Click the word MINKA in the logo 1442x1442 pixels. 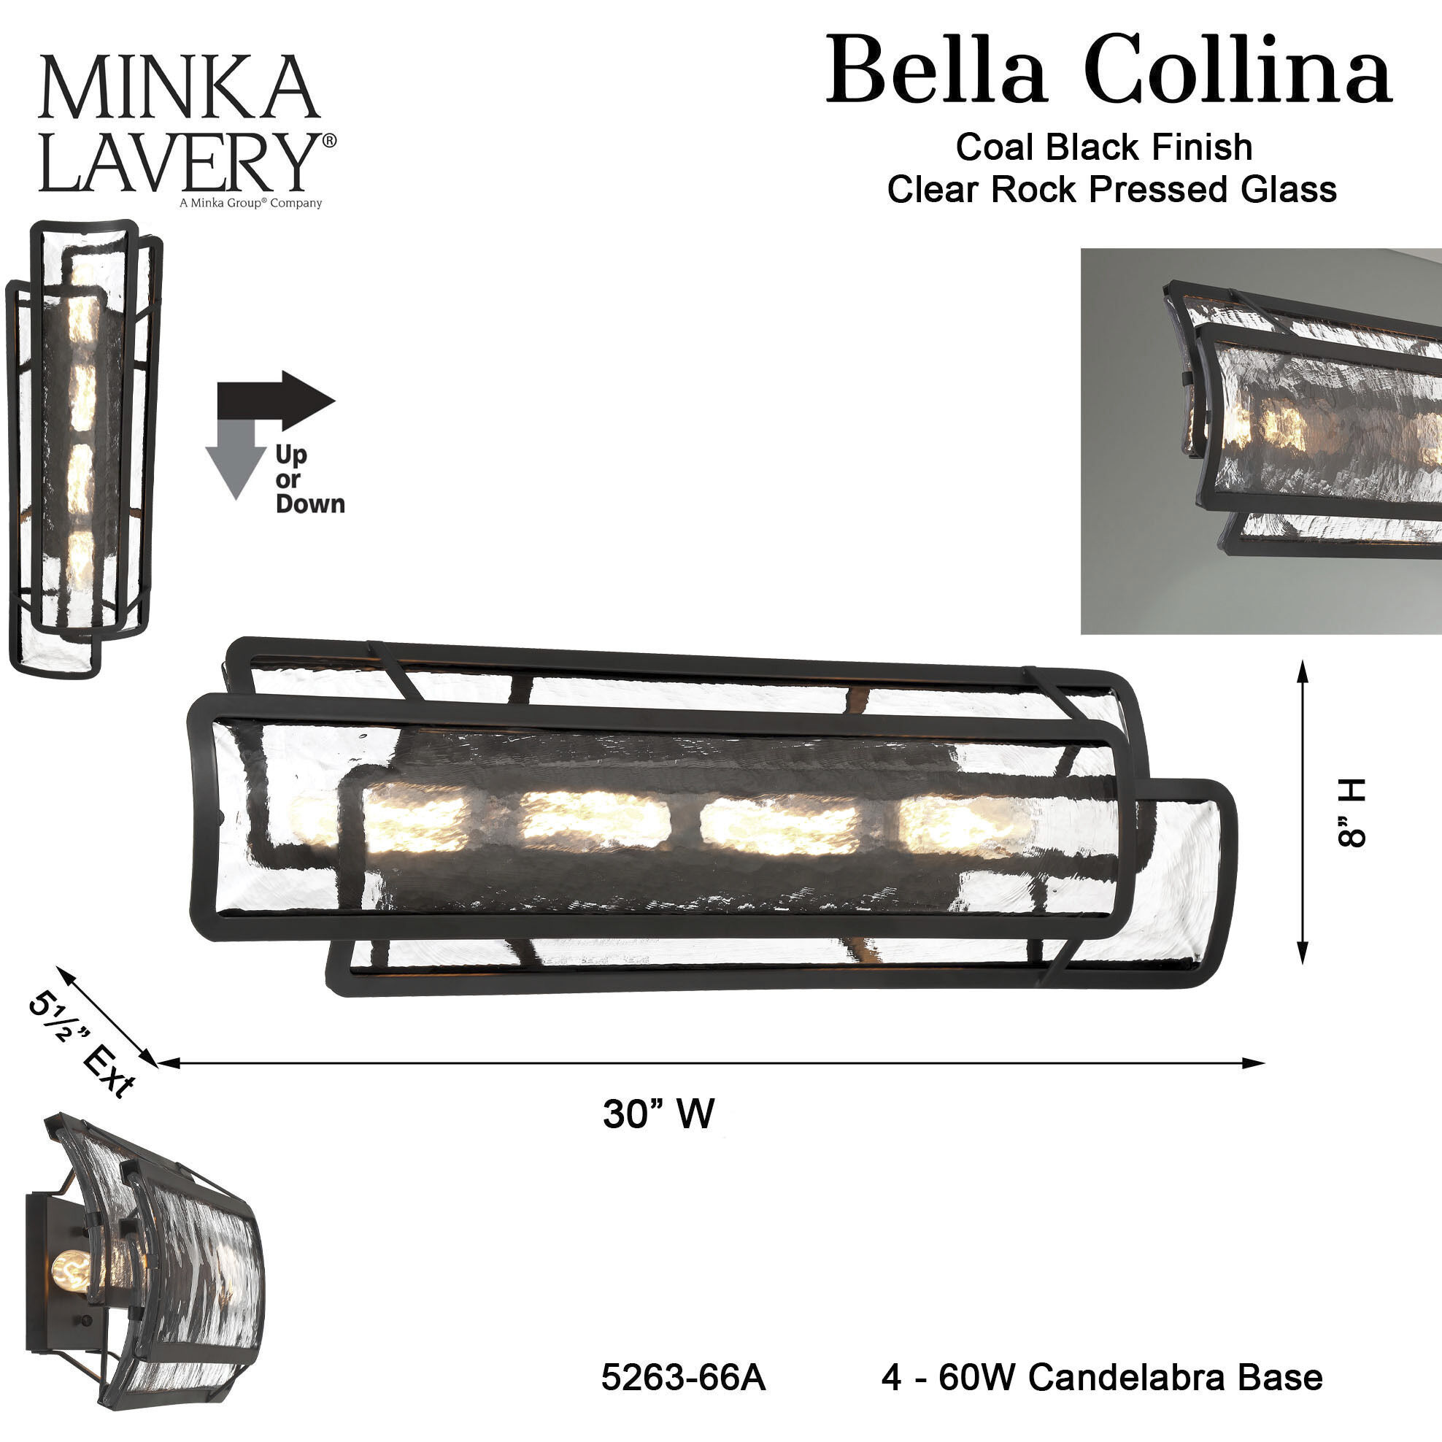tap(179, 88)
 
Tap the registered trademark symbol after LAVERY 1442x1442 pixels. tap(328, 140)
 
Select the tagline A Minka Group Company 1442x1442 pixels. tap(250, 203)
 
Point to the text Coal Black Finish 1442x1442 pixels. tap(1104, 147)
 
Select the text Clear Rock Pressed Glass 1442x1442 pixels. tap(1111, 190)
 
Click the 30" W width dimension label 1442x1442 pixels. tap(658, 1114)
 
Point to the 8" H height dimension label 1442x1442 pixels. tap(1350, 812)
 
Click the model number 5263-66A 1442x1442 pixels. tap(683, 1378)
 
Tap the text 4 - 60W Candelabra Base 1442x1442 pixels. tap(1102, 1378)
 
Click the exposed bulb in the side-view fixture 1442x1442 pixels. tap(72, 1273)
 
